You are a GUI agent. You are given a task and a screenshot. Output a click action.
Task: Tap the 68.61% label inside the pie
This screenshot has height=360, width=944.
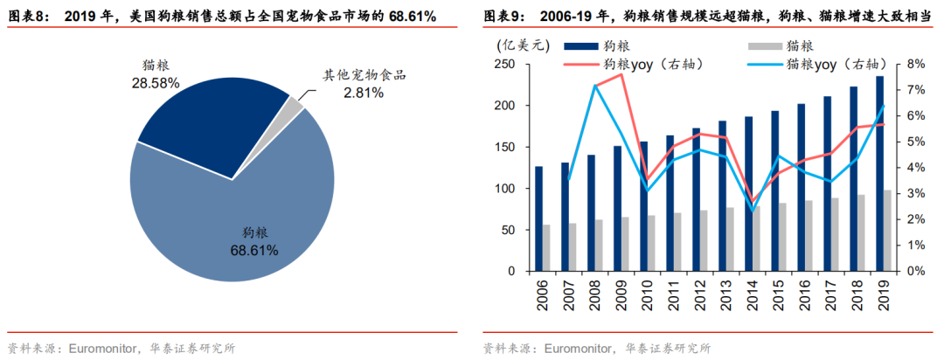tap(255, 251)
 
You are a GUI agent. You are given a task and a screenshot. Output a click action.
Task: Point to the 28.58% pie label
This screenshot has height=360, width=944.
tap(157, 83)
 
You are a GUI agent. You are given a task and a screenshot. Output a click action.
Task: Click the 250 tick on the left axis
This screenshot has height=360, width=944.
tap(503, 65)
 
